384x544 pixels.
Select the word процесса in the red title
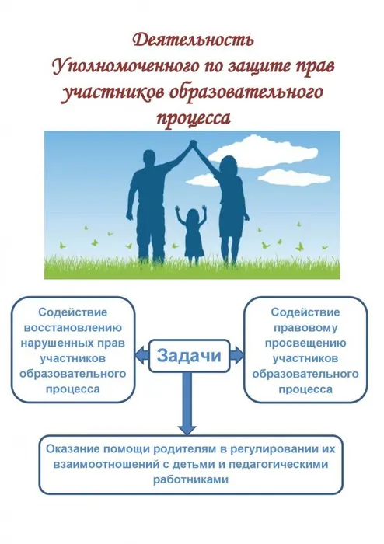click(x=193, y=119)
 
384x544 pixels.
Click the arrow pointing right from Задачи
click(x=236, y=356)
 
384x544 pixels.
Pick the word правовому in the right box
click(x=303, y=326)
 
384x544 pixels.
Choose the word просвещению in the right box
click(x=303, y=342)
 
